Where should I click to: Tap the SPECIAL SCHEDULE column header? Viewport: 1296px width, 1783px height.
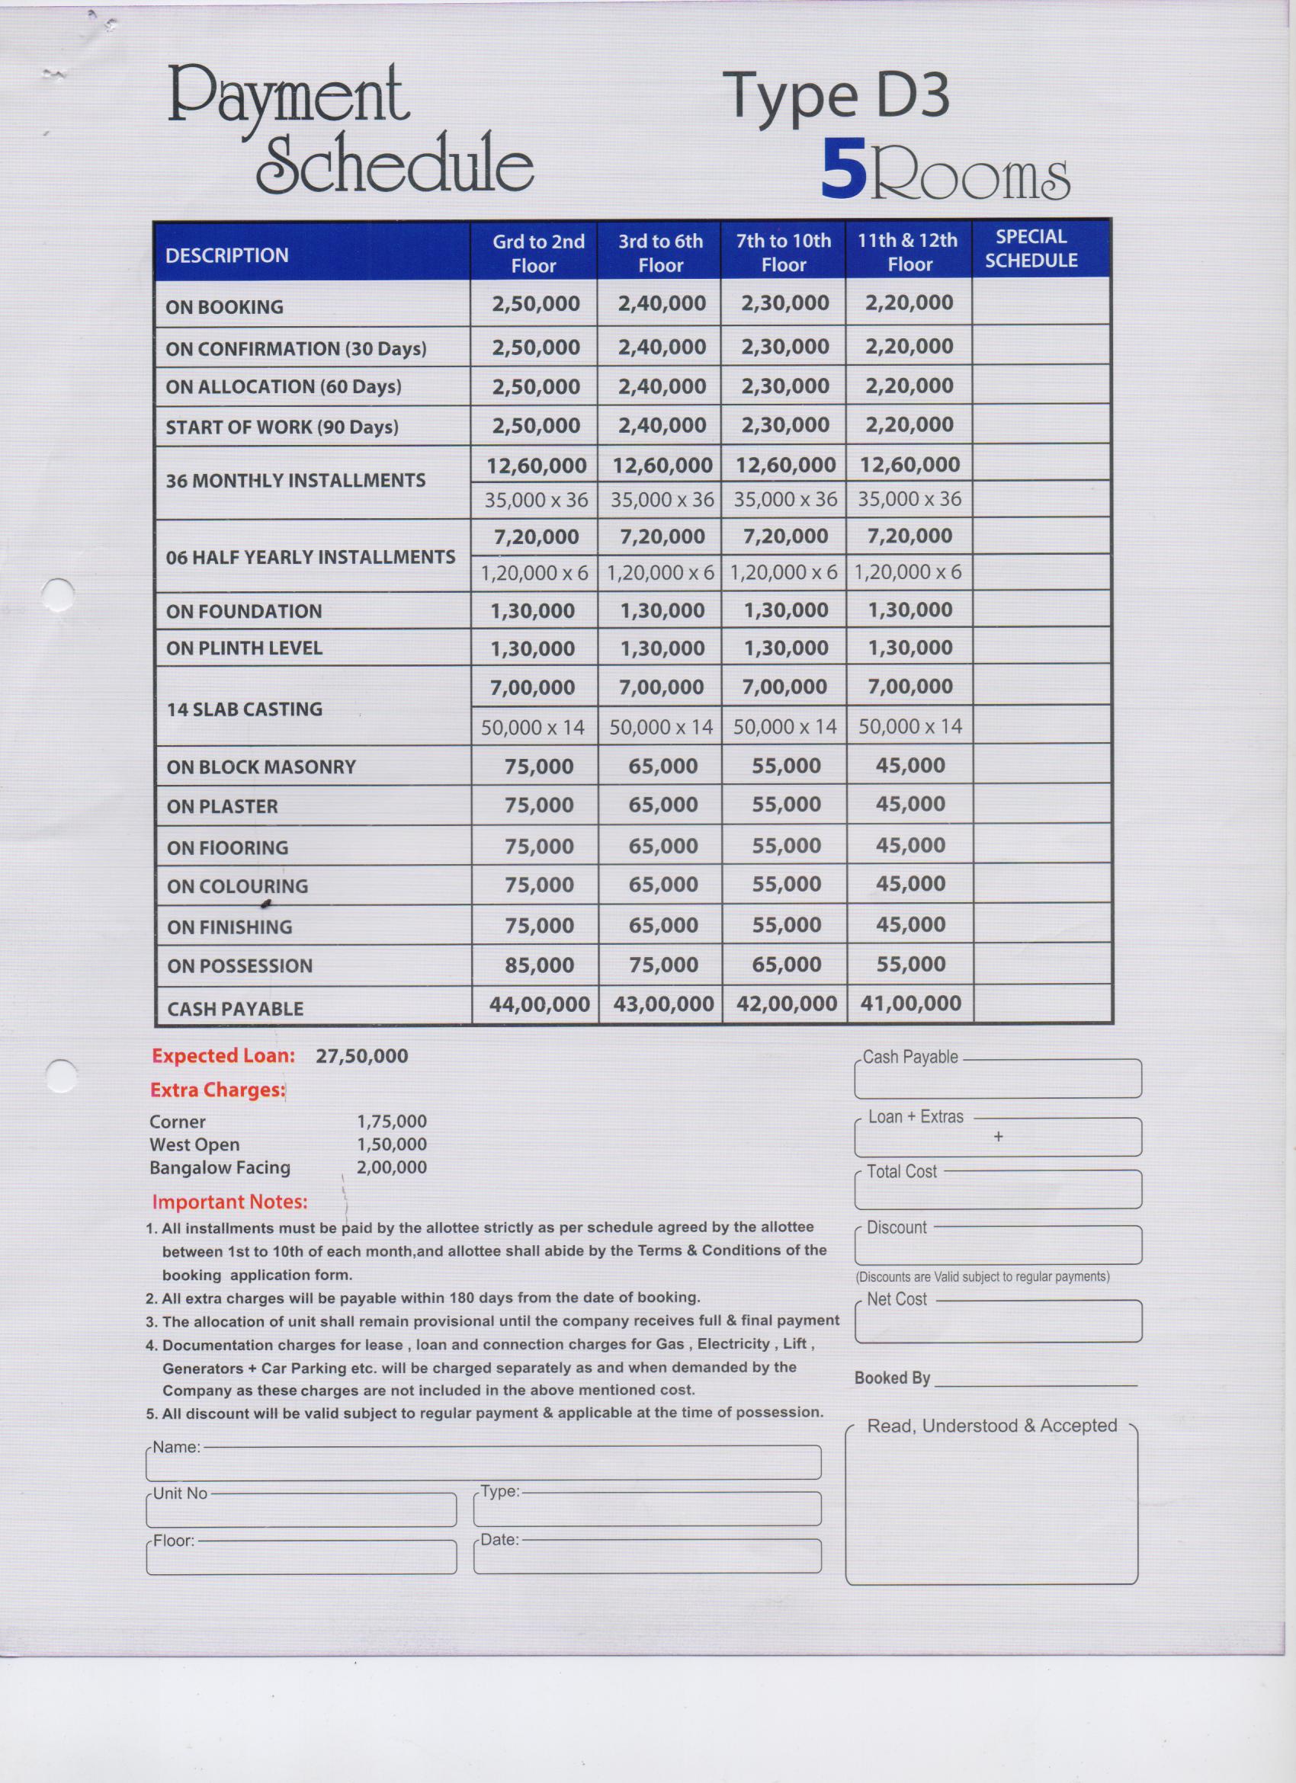point(1031,248)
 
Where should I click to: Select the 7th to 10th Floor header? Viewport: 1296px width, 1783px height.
point(783,252)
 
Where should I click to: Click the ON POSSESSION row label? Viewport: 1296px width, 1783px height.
point(240,966)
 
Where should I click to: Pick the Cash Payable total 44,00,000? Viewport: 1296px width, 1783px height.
point(540,1004)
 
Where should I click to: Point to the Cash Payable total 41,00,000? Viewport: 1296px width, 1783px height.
point(911,1004)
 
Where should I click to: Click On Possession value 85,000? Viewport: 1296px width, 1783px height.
point(540,965)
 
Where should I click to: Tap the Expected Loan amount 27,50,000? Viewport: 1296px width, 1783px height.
point(362,1056)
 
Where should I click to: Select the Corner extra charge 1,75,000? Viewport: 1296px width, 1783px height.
point(392,1121)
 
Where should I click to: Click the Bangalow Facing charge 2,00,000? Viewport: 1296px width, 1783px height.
point(392,1167)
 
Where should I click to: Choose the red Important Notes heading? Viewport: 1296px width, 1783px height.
point(229,1202)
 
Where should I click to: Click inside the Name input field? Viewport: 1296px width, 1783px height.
point(483,1464)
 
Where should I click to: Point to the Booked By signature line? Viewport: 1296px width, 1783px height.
point(1035,1379)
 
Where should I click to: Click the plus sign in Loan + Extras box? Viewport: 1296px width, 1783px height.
point(998,1137)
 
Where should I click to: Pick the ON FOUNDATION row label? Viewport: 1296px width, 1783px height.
point(244,612)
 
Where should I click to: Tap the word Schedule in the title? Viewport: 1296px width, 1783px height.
point(395,164)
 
